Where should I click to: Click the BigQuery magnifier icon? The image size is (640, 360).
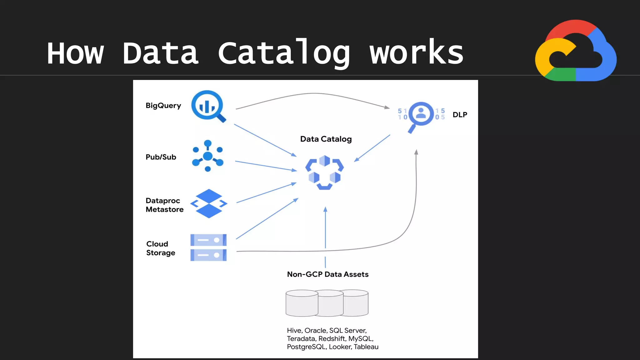(208, 106)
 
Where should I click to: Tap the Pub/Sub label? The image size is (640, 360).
(161, 157)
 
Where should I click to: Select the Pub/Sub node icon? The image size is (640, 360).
(208, 156)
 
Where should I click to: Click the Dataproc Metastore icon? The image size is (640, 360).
(209, 203)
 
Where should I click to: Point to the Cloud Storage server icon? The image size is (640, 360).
(208, 247)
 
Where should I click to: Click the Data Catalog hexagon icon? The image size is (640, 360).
(324, 172)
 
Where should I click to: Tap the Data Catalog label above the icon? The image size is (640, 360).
(326, 139)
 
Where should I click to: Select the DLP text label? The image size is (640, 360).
(460, 115)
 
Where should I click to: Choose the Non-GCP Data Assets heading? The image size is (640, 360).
(327, 274)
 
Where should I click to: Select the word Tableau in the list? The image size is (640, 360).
(366, 347)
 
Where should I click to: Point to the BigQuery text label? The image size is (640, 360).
(163, 106)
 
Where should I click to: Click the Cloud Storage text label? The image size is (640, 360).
(160, 248)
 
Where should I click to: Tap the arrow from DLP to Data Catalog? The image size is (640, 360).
(372, 148)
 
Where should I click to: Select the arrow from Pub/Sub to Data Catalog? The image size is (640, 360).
(266, 166)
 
